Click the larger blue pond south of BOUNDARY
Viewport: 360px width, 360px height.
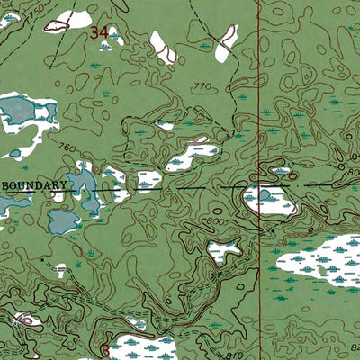coord(65,220)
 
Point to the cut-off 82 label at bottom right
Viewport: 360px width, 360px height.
coord(354,346)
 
